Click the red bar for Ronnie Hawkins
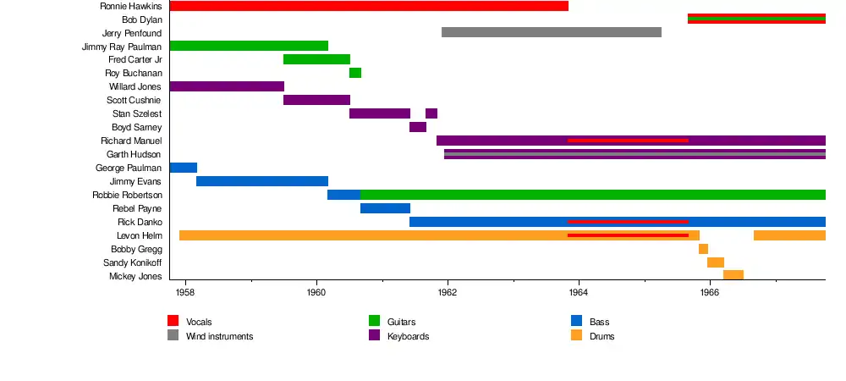pyautogui.click(x=369, y=6)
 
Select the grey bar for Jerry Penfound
pyautogui.click(x=552, y=33)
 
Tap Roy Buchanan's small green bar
pyautogui.click(x=355, y=73)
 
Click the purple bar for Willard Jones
pyautogui.click(x=227, y=86)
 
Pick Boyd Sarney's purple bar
pyautogui.click(x=418, y=127)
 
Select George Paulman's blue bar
pyautogui.click(x=184, y=168)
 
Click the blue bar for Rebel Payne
pyautogui.click(x=385, y=208)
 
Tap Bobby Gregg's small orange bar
pyautogui.click(x=703, y=249)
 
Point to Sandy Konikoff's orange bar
pyautogui.click(x=716, y=262)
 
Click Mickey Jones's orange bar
pyautogui.click(x=733, y=275)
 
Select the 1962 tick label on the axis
pyautogui.click(x=448, y=293)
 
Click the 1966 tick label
pyautogui.click(x=710, y=293)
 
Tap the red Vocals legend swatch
pyautogui.click(x=173, y=321)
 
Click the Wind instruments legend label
pyautogui.click(x=219, y=336)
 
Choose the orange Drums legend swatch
pyautogui.click(x=577, y=335)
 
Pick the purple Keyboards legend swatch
pyautogui.click(x=374, y=335)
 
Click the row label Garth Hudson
pyautogui.click(x=134, y=154)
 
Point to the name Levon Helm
pyautogui.click(x=139, y=235)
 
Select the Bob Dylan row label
pyautogui.click(x=142, y=19)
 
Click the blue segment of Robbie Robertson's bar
pyautogui.click(x=343, y=195)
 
